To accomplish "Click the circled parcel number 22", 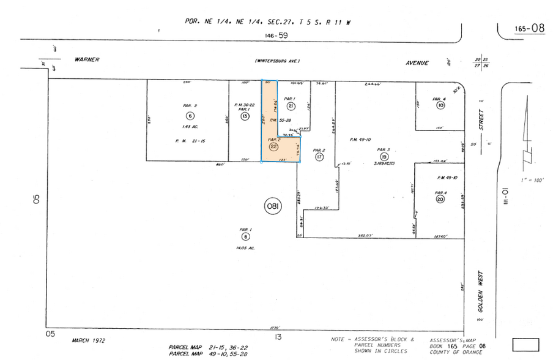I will [x=273, y=147].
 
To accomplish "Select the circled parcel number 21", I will [x=291, y=107].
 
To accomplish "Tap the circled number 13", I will [x=245, y=116].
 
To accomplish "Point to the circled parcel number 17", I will [x=319, y=157].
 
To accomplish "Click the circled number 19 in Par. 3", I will [x=384, y=156].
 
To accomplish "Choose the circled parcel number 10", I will [x=440, y=106].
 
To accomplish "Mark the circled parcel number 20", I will [x=440, y=199].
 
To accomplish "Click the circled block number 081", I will [x=272, y=207].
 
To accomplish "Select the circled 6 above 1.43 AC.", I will [x=191, y=115].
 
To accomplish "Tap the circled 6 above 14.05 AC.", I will [x=245, y=236].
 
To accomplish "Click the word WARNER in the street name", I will [x=86, y=60].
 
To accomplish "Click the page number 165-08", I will [x=529, y=28].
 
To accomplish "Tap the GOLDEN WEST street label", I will [x=481, y=292].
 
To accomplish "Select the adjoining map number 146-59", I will [x=275, y=36].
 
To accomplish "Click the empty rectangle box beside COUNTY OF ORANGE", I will [x=525, y=344].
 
